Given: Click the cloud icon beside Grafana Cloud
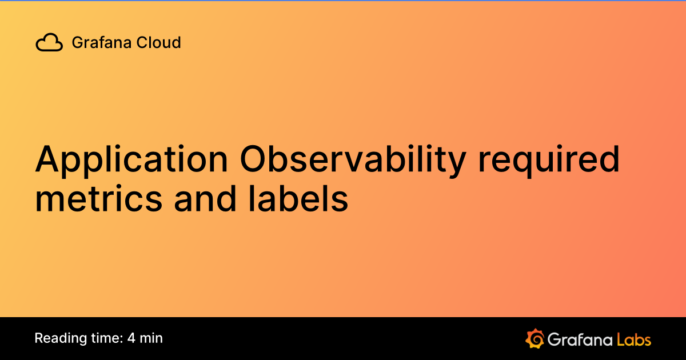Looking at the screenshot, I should pos(49,43).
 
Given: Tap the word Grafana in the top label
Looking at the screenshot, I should pos(95,42).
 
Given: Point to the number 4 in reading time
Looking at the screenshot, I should pos(131,338).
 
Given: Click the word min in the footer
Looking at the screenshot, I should pos(151,338).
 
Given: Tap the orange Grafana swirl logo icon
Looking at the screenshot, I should pos(534,338).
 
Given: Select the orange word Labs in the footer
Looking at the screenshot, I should pos(634,339).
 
